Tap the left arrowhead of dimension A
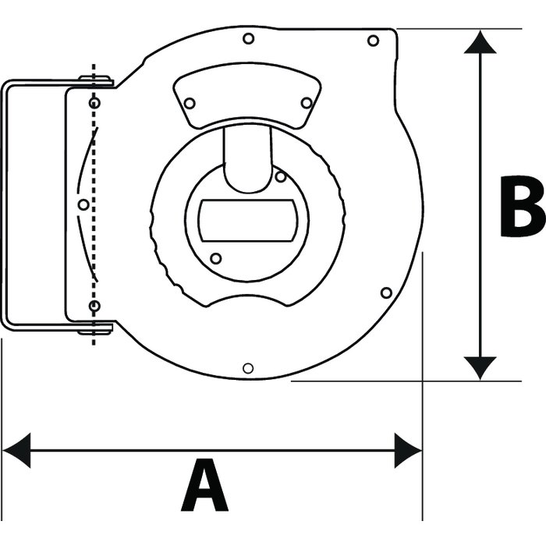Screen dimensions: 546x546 [16, 451]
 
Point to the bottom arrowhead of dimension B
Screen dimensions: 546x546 [480, 367]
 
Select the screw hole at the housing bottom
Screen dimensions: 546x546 [248, 368]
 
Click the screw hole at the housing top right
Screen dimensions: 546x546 [373, 41]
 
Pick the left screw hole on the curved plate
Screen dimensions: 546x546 [190, 103]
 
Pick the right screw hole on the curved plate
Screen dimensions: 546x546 [306, 103]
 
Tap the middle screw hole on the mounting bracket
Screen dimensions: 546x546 [83, 204]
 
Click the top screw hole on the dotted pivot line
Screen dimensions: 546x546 [94, 103]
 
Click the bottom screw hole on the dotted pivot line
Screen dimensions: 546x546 [94, 306]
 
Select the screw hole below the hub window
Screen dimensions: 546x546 [216, 258]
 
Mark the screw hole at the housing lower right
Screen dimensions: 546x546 [385, 292]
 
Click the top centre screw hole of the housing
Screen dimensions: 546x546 [248, 38]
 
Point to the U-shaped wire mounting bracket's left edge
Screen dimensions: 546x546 [4, 204]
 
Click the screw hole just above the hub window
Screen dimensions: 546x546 [280, 177]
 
